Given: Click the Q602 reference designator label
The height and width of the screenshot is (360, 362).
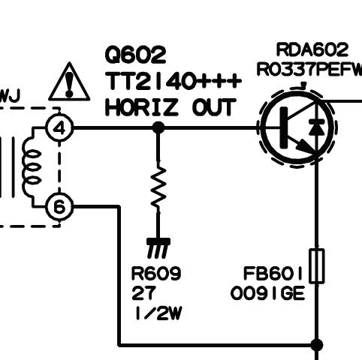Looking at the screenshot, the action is [x=135, y=55].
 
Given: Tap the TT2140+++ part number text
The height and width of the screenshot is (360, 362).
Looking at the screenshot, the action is [x=173, y=81].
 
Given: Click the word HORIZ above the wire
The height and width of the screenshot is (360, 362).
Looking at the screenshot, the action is [x=142, y=107].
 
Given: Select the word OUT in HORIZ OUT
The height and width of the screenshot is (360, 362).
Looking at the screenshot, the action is [x=214, y=107].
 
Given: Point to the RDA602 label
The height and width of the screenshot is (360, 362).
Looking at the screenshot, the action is [x=312, y=49].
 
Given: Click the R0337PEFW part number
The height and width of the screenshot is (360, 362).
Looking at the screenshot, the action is [x=309, y=69].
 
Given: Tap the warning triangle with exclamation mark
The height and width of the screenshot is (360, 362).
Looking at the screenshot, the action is [x=69, y=82].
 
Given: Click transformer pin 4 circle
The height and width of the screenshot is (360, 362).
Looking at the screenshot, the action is [x=59, y=128].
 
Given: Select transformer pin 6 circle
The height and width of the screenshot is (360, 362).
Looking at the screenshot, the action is [x=59, y=207].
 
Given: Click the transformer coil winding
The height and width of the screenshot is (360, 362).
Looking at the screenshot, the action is [x=32, y=167].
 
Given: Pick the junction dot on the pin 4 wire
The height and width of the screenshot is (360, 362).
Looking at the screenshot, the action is [x=158, y=127].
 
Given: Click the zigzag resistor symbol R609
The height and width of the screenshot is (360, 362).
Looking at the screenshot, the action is [x=158, y=186].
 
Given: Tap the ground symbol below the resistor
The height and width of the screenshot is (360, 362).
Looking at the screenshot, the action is [x=158, y=248].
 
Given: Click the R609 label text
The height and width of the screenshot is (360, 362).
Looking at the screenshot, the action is [x=155, y=274].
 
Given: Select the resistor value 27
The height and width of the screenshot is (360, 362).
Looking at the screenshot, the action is [x=143, y=293].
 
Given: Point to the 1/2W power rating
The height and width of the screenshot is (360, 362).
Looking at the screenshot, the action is [x=158, y=313].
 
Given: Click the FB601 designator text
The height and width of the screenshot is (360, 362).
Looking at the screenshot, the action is [x=273, y=274].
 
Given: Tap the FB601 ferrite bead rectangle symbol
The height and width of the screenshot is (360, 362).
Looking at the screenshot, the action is [x=317, y=266].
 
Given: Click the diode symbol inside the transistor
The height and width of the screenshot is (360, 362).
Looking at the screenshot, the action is [x=317, y=127].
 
